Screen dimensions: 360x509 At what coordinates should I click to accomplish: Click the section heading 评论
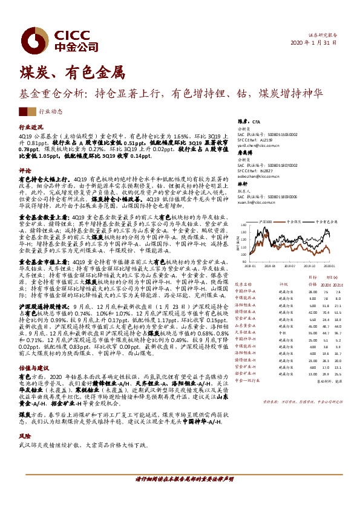(25, 170)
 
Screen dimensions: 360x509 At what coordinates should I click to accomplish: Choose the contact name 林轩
(241, 183)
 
